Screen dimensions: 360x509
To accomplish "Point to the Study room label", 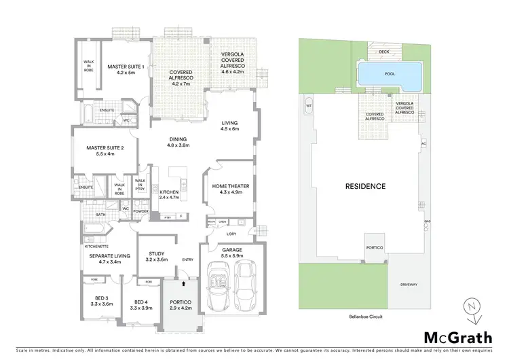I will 156,256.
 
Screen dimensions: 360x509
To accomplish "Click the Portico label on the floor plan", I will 180,304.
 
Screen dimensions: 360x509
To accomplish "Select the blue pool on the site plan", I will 388,75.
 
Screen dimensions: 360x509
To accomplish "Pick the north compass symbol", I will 469,307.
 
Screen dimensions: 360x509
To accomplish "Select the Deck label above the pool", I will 384,52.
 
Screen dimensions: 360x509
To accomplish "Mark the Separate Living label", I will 105,258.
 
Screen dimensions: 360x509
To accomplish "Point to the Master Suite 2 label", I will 105,150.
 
